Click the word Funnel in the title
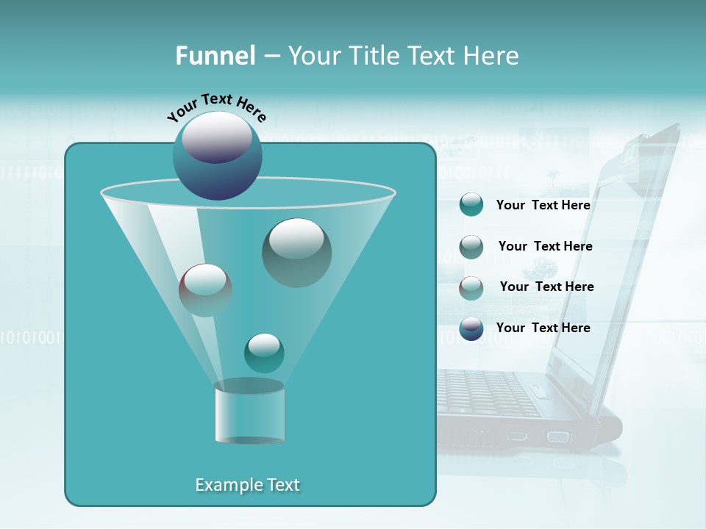click(x=215, y=56)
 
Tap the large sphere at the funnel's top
click(x=217, y=156)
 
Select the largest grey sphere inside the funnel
click(x=296, y=253)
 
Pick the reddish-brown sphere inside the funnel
click(x=205, y=290)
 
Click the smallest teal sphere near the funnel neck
click(x=264, y=353)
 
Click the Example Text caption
click(x=247, y=485)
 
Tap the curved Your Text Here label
click(x=216, y=107)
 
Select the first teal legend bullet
click(x=471, y=205)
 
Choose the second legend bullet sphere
click(x=471, y=247)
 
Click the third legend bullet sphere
click(x=471, y=288)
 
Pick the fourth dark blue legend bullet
click(x=471, y=328)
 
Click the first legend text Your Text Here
click(x=543, y=206)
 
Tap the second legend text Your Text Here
click(x=545, y=246)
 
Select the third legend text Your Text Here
click(x=546, y=287)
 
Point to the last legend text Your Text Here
click(x=543, y=328)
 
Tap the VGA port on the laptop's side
click(x=557, y=437)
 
